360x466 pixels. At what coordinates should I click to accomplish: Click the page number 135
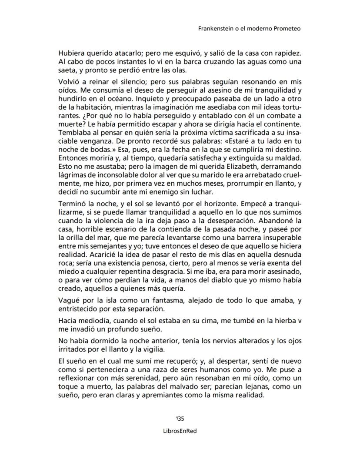click(x=180, y=419)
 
